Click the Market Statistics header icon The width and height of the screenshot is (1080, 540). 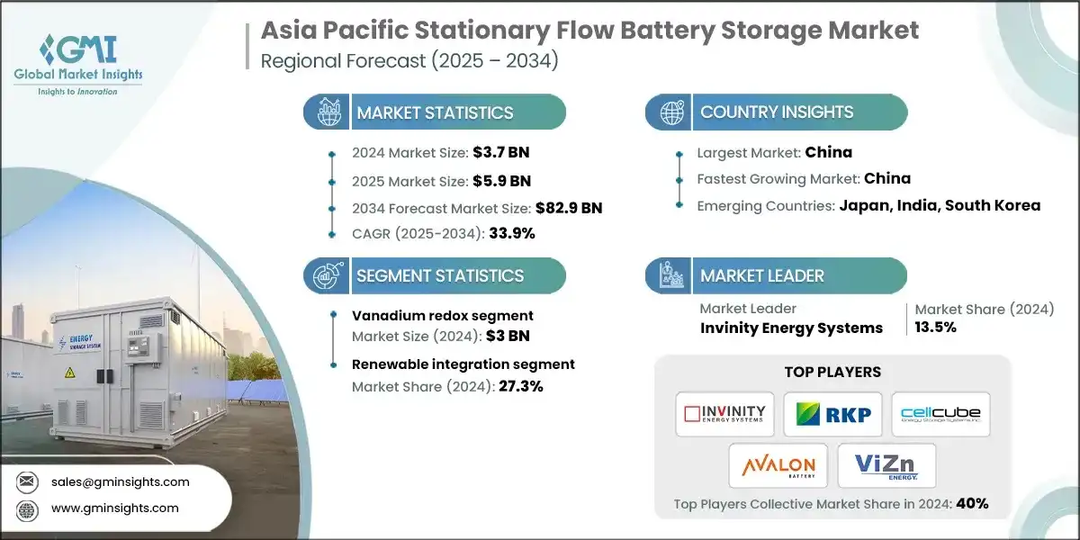327,112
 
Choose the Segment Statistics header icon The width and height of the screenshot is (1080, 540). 327,275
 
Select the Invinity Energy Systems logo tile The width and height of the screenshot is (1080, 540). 724,414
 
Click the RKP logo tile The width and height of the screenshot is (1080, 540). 832,414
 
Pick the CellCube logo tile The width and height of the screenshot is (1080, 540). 940,414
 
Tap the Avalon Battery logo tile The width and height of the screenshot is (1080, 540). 778,465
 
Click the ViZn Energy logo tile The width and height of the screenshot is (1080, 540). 886,465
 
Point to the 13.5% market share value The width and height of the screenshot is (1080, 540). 936,327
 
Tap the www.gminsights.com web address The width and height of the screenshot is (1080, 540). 115,508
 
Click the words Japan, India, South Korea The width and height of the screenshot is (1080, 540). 940,205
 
